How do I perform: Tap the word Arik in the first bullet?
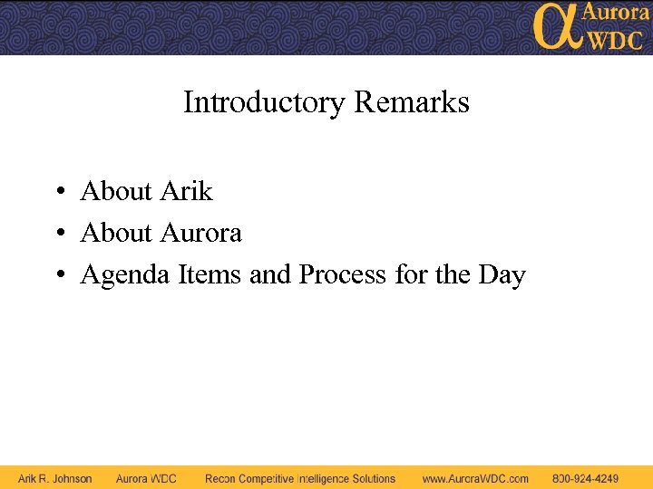click(x=186, y=191)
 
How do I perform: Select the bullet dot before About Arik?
click(x=57, y=192)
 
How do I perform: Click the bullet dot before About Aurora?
click(x=57, y=234)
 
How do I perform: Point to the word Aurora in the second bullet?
click(x=200, y=233)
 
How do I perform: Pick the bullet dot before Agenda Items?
click(x=57, y=275)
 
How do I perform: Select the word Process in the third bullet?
click(x=343, y=273)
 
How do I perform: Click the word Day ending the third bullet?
click(x=502, y=274)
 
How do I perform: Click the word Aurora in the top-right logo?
click(x=615, y=13)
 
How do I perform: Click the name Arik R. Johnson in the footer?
click(x=55, y=478)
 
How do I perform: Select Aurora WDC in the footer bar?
click(x=146, y=478)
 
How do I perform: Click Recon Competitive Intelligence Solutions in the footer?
click(x=300, y=478)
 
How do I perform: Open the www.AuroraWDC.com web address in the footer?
click(x=475, y=478)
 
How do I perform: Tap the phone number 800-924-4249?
click(x=585, y=478)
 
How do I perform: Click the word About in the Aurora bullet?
click(x=116, y=233)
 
